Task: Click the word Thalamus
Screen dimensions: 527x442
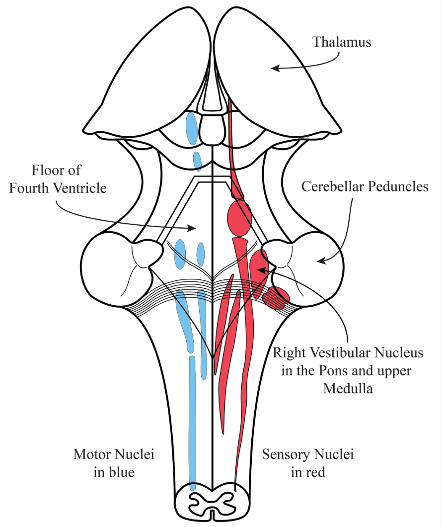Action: click(x=342, y=42)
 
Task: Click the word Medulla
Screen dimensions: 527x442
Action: click(x=348, y=388)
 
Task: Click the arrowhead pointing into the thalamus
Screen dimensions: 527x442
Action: click(x=273, y=68)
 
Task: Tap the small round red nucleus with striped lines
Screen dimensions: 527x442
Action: click(x=276, y=297)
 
